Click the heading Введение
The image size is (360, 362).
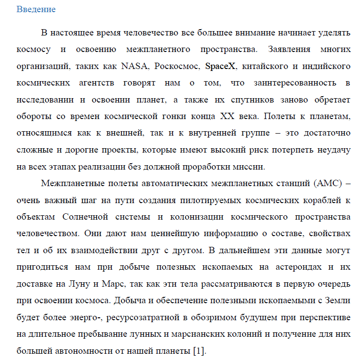pyautogui.click(x=36, y=9)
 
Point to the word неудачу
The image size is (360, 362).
pyautogui.click(x=334, y=149)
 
